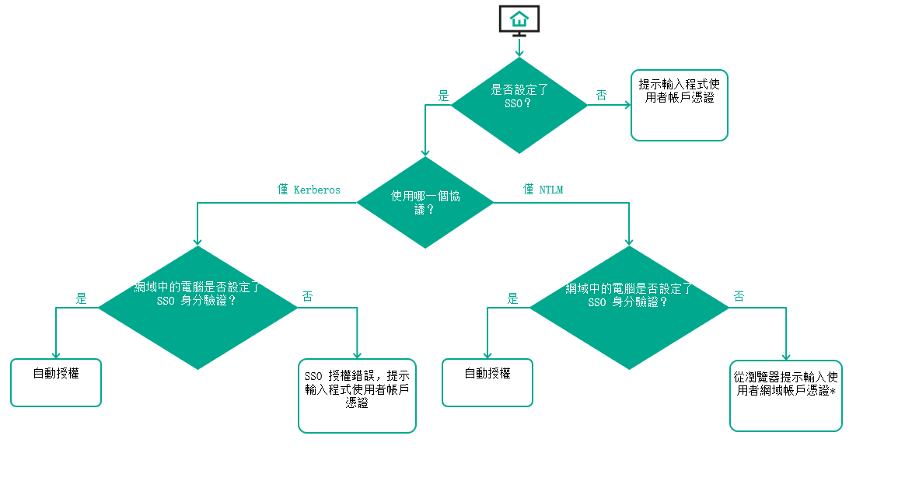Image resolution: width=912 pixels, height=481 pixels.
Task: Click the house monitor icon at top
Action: click(x=519, y=19)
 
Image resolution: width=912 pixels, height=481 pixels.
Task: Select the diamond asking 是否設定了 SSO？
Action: click(x=519, y=105)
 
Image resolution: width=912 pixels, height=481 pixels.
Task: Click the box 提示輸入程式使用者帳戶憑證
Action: click(x=679, y=105)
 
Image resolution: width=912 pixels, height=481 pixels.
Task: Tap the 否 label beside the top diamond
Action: click(x=602, y=96)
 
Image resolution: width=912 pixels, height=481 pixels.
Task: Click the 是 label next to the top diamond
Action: click(x=444, y=96)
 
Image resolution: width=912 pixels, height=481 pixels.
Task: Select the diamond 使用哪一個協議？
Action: click(x=425, y=203)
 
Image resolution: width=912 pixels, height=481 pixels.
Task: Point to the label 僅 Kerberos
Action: click(x=309, y=190)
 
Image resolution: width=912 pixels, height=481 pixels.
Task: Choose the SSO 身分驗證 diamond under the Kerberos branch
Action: click(x=198, y=308)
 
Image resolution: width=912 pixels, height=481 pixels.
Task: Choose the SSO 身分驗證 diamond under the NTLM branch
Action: click(x=629, y=308)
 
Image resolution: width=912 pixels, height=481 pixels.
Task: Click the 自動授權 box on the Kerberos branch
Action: click(x=56, y=382)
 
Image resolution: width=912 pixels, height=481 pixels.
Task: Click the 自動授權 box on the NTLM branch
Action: click(x=487, y=382)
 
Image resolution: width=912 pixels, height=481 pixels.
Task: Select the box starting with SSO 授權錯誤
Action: click(x=357, y=396)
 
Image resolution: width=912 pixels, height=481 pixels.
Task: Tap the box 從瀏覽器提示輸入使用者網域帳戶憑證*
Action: click(x=785, y=395)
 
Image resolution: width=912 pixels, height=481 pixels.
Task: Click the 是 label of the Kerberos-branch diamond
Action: click(x=82, y=298)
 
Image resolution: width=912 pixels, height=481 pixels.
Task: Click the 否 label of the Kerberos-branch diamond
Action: click(x=308, y=297)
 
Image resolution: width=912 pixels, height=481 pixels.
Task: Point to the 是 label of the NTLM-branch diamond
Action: click(x=512, y=298)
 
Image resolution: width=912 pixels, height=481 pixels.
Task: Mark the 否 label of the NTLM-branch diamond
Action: click(x=739, y=297)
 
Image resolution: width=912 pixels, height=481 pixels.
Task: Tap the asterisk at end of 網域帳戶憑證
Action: click(x=833, y=392)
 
